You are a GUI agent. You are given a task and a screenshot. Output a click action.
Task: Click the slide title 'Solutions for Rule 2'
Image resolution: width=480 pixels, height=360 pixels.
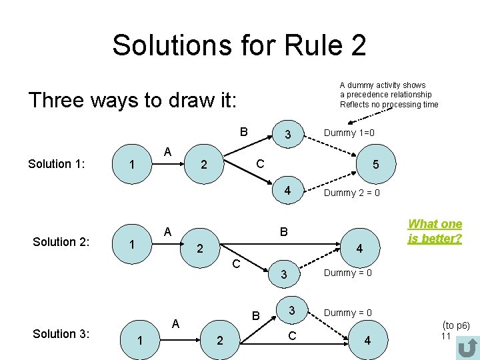(x=239, y=45)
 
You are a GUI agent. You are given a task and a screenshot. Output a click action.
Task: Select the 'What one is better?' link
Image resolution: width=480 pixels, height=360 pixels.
(x=435, y=231)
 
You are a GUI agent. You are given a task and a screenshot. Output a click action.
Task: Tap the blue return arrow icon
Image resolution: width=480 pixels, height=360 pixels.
(x=469, y=347)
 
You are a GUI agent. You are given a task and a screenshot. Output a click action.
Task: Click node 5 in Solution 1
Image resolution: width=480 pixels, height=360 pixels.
(x=376, y=163)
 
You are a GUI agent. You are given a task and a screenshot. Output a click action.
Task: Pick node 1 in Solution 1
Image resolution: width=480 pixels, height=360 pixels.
(x=132, y=164)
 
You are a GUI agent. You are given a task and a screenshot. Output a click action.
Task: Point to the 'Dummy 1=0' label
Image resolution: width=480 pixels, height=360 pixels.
(x=349, y=133)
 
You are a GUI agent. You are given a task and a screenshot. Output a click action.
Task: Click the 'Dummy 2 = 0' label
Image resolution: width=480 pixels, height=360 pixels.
(x=351, y=193)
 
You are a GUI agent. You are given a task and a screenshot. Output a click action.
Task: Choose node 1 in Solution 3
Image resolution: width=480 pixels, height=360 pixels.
(x=139, y=340)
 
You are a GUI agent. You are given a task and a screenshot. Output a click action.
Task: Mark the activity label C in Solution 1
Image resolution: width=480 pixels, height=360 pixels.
(x=260, y=163)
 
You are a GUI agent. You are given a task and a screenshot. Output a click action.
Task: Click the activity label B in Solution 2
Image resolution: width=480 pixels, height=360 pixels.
(x=284, y=233)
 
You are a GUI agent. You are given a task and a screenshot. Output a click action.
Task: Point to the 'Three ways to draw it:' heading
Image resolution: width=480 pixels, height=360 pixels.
(x=132, y=100)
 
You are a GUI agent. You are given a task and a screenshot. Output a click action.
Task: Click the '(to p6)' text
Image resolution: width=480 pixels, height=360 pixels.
(x=456, y=325)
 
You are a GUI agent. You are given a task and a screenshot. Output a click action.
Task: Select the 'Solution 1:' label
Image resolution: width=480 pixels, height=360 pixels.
(x=57, y=163)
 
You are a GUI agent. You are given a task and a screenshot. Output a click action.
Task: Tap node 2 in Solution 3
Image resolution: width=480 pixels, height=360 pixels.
(x=219, y=340)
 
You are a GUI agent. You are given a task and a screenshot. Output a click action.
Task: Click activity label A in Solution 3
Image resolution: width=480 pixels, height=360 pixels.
(x=175, y=323)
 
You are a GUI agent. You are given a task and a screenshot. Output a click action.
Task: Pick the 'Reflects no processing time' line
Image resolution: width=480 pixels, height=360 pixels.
(x=389, y=105)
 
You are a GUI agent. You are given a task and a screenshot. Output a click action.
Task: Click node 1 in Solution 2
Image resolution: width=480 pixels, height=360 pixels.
(x=132, y=245)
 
